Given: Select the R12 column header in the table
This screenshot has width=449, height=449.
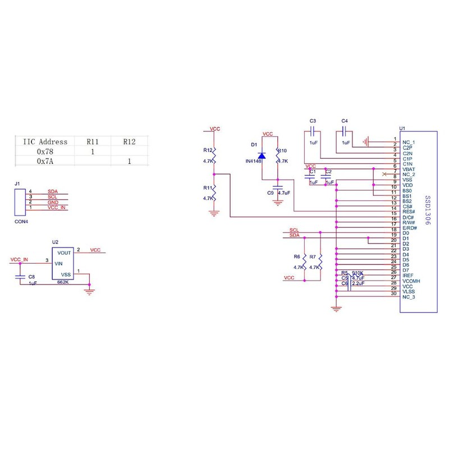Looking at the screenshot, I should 129,142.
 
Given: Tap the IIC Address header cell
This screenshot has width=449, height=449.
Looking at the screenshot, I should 45,142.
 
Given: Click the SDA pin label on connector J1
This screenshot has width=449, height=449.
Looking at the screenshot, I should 53,192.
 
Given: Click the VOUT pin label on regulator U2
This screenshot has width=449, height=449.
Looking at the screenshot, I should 63,253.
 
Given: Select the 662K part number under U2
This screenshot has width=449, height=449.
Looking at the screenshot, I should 62,283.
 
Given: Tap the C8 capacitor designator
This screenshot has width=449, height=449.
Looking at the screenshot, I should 31,277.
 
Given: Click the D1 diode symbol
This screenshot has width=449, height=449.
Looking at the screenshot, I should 262,154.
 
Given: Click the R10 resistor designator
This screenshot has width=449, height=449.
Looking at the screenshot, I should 282,150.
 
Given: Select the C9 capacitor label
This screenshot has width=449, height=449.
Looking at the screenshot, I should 270,193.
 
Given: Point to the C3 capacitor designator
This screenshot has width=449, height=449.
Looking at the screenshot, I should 313,121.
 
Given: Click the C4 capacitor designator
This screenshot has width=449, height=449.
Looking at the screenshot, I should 345,121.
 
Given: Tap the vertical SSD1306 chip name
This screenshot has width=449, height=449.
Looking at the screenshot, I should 427,211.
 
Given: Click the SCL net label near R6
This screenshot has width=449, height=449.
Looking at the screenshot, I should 294,230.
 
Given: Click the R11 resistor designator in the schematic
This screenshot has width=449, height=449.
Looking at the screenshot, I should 208,189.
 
